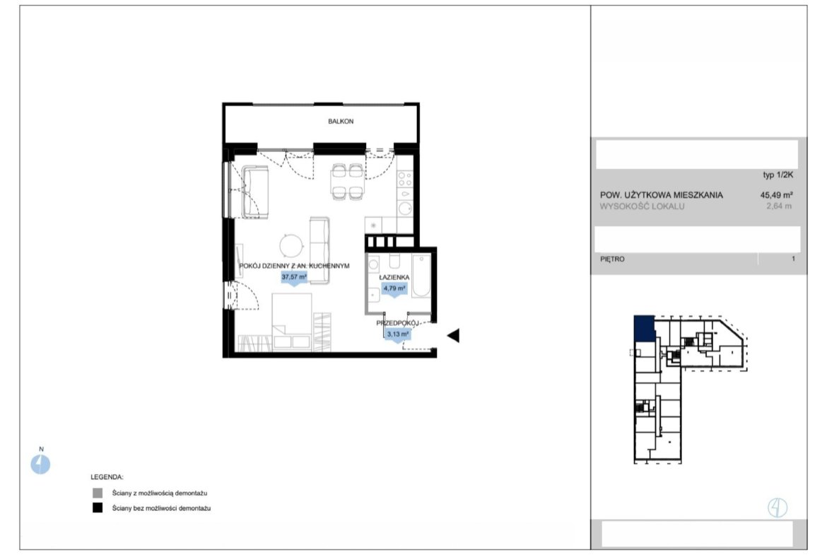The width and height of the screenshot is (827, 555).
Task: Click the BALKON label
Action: click(341, 122)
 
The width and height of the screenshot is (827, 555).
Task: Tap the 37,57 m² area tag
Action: click(294, 277)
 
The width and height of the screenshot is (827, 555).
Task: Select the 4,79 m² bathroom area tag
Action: click(394, 289)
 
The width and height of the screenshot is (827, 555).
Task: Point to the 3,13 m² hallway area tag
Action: click(398, 334)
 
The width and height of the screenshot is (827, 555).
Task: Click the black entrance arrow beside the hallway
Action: click(454, 336)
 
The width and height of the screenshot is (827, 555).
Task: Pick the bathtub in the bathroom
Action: click(421, 276)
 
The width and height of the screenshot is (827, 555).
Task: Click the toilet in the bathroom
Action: click(394, 262)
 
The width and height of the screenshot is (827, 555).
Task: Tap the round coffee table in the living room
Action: click(292, 246)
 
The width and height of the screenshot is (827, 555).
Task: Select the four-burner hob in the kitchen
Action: click(405, 179)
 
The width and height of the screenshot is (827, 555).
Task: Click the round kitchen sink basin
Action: click(405, 209)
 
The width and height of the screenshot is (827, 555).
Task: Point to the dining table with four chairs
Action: click(347, 182)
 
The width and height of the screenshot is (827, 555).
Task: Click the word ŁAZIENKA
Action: click(394, 277)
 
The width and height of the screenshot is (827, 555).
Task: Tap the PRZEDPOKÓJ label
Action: click(397, 323)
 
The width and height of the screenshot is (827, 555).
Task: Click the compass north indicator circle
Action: click(40, 465)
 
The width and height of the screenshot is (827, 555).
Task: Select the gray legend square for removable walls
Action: click(98, 493)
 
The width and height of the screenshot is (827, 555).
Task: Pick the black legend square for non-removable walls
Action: click(98, 508)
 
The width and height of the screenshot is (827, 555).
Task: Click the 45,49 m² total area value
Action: click(776, 195)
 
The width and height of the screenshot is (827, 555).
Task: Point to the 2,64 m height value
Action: click(779, 206)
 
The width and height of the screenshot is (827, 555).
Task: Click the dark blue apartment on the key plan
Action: click(645, 328)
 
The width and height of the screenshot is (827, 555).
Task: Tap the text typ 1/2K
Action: click(778, 175)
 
